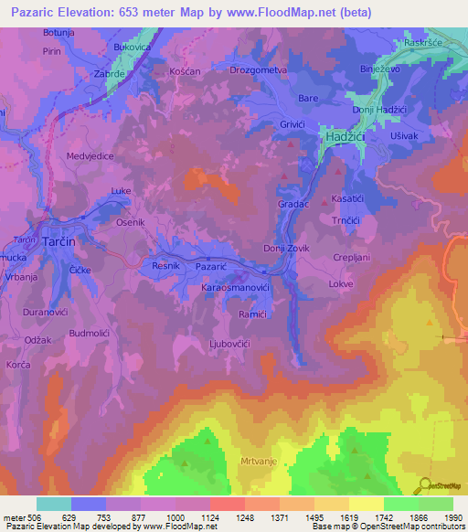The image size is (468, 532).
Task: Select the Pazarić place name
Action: click(x=210, y=265)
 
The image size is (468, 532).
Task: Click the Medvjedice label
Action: click(x=90, y=156)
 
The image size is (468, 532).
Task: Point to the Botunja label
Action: click(x=58, y=32)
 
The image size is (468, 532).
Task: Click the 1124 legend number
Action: click(x=208, y=518)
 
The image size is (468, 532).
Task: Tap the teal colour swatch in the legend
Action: click(x=53, y=504)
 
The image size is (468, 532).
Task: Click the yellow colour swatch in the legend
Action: click(x=366, y=504)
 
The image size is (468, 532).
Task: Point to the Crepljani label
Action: click(x=351, y=258)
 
